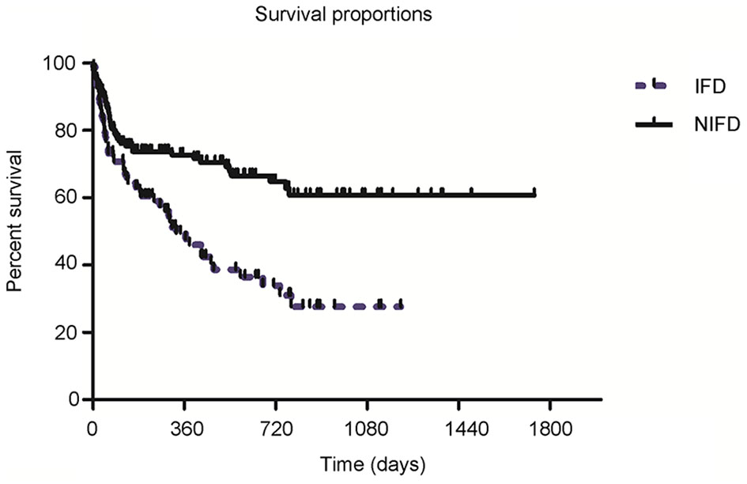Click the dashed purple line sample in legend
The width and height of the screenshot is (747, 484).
click(649, 85)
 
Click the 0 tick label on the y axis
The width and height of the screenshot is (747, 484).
click(74, 399)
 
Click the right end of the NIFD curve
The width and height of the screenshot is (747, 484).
click(535, 194)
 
